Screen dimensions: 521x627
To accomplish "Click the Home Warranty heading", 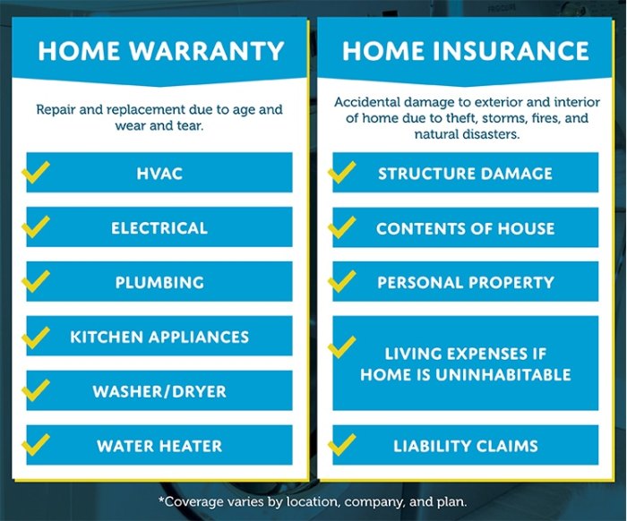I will pos(160,50).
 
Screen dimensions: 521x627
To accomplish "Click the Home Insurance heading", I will pos(466,50).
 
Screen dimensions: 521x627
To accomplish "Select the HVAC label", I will pos(159,174).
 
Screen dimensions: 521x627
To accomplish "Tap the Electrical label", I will pos(159,228).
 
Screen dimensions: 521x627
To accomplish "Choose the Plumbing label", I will pos(159,283).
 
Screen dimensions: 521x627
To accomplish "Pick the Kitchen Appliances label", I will pos(159,337).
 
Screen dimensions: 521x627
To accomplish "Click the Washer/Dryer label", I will pos(159,392).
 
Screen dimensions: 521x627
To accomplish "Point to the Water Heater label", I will pos(159,446).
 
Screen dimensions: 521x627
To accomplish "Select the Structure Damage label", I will pos(465,174).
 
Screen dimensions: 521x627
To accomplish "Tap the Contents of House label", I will pos(465,228).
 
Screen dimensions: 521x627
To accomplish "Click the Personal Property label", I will pos(465,283).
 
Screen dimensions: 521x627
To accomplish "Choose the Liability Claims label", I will pos(465,446).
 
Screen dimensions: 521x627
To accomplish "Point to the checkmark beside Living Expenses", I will pos(342,346).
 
